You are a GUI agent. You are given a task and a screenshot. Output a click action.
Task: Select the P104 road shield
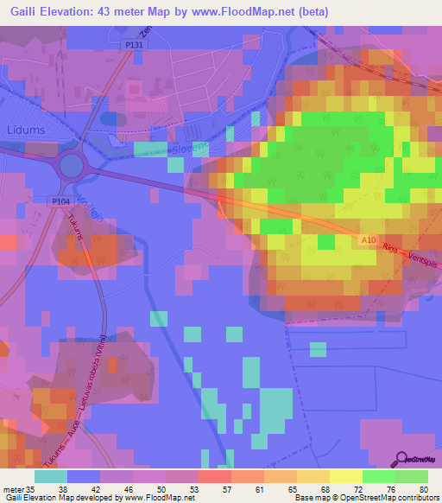point(59,200)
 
